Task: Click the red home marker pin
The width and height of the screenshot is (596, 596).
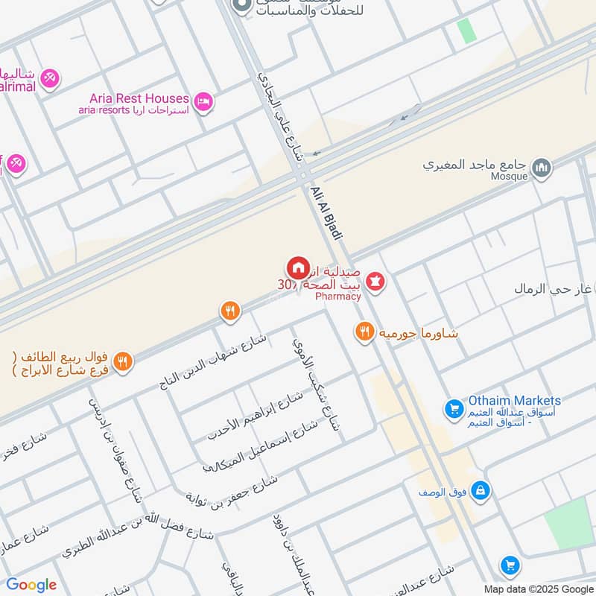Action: point(297,267)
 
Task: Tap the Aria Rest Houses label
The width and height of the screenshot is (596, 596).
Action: point(139,98)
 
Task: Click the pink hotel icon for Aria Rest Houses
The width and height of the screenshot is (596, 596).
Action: point(203,101)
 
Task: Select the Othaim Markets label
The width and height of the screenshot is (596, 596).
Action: point(514,401)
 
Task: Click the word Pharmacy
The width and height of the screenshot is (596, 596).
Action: point(337,297)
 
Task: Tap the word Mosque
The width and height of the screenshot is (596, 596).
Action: point(510,177)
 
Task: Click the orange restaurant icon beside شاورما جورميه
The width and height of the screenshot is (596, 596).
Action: point(364,332)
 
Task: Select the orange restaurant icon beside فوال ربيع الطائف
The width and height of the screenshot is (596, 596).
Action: point(124,362)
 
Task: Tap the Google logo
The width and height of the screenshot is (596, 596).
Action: point(31,585)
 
